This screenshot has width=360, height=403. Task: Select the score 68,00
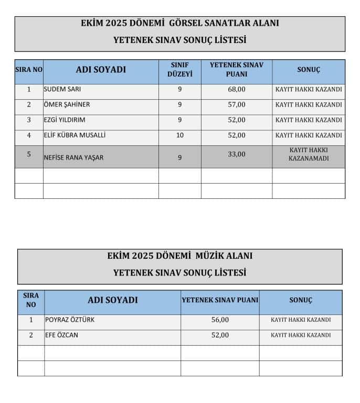point(236,89)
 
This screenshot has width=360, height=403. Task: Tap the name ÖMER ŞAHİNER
point(67,104)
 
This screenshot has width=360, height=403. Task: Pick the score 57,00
point(236,104)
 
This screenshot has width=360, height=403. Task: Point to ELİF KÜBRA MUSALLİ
point(75,135)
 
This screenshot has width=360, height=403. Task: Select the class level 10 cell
point(179,135)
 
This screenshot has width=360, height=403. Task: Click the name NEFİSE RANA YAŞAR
point(73,157)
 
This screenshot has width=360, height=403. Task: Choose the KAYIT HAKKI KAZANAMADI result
point(309,154)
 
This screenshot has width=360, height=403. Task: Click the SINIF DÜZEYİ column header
point(179,69)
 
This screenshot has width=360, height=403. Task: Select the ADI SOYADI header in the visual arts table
point(101,69)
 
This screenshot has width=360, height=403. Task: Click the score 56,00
point(220,320)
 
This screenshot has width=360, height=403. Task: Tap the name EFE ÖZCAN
point(61,335)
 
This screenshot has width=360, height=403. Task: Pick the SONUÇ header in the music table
point(301,300)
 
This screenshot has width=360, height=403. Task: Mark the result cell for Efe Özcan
point(301,335)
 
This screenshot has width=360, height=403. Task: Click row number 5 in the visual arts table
point(29,154)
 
